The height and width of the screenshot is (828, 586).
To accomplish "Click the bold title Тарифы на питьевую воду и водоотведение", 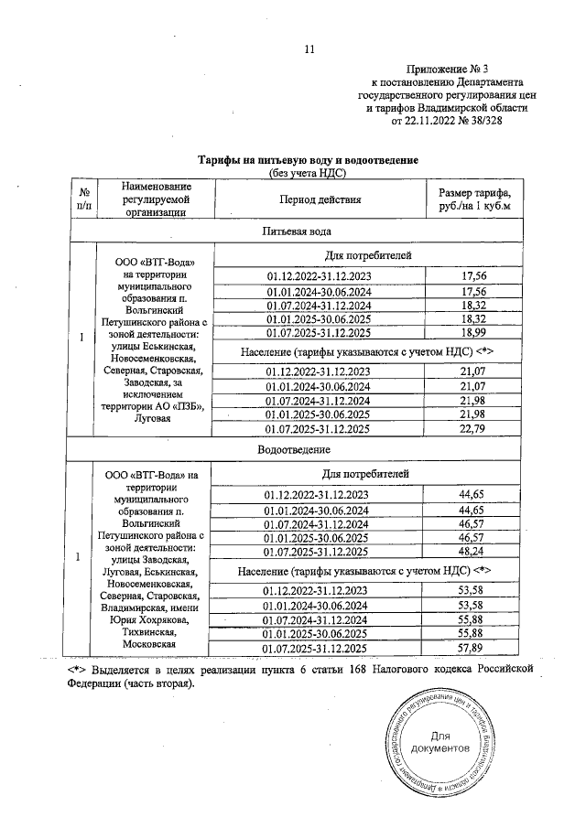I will [x=302, y=160].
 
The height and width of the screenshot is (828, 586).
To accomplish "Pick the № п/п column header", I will [x=84, y=199].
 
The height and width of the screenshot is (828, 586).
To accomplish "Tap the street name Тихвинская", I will [x=148, y=631].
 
